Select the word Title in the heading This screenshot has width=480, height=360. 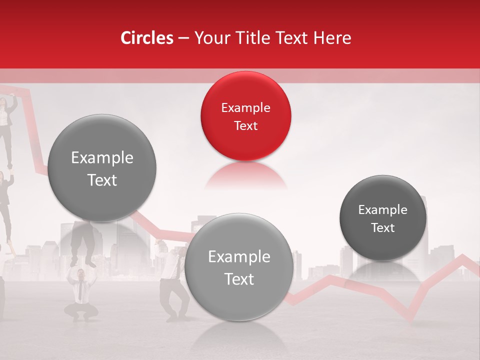pos(253,38)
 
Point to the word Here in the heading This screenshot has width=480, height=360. pos(332,38)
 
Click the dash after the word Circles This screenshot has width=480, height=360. pos(183,38)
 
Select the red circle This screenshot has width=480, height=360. pos(245,116)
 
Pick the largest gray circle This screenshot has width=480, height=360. pos(102,168)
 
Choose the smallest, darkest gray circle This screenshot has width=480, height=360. pos(383,218)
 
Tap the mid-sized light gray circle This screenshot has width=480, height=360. pos(239,267)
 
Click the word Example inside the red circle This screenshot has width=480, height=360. pos(245,107)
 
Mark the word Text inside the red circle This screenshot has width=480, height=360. pos(245,125)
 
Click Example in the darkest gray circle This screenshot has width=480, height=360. pos(383,209)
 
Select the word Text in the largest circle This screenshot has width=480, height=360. pos(102,180)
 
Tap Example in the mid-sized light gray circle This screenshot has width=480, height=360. pos(239,256)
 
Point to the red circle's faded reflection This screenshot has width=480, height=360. pos(245,175)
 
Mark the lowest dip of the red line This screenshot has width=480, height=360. pos(412,320)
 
